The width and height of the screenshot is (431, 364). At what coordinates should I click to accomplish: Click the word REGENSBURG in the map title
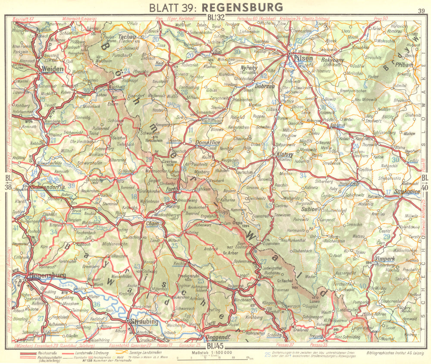click(241, 7)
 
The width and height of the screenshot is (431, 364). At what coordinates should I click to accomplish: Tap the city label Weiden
click(53, 69)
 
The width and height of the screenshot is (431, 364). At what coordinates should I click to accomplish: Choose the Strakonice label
click(404, 191)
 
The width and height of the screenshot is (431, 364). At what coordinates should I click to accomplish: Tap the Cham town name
click(153, 223)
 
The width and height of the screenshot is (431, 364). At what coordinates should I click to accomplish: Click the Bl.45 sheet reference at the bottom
click(216, 345)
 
